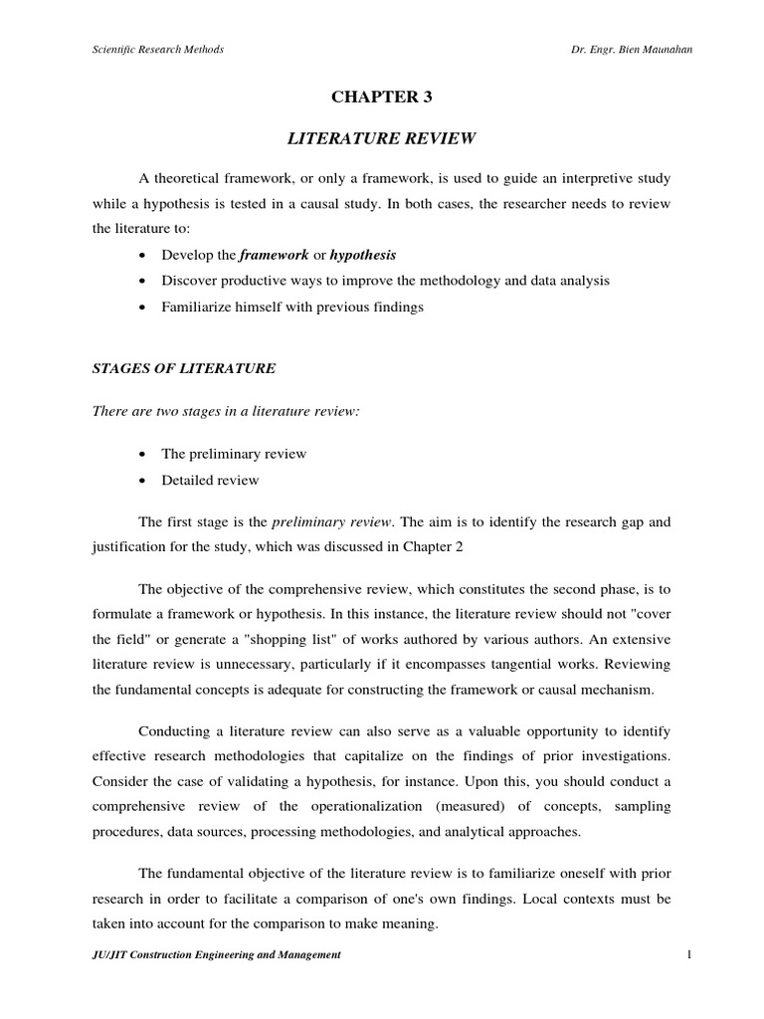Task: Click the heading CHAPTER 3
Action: pos(382,97)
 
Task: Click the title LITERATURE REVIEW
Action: pos(382,138)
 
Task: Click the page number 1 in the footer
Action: pos(687,954)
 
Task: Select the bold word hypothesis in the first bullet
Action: pos(362,255)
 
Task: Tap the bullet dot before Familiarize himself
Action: pos(145,307)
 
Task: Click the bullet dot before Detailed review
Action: pos(145,481)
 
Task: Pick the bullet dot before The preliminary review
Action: pos(145,454)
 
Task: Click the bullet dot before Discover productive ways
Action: pos(145,282)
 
